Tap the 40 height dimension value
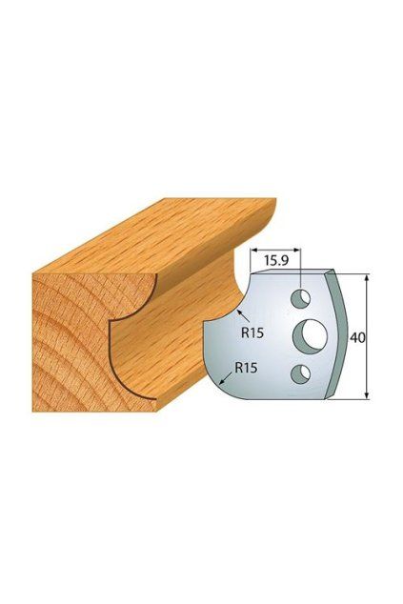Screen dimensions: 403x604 coord(357,337)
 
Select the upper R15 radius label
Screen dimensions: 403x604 coord(252,332)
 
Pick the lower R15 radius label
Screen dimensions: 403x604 coord(246,368)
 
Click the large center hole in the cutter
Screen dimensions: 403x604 coord(311,335)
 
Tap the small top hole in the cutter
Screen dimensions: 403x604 coord(301,298)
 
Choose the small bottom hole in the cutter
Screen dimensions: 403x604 coord(301,374)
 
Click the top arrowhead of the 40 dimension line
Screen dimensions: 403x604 coord(367,275)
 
